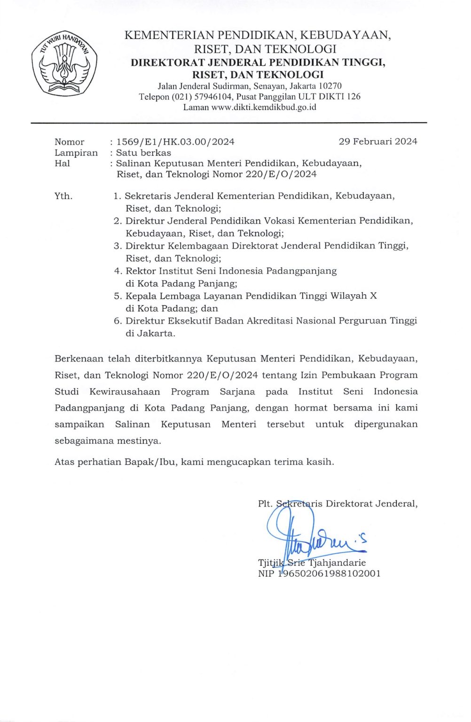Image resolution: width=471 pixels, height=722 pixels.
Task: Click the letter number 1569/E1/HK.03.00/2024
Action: coord(175,142)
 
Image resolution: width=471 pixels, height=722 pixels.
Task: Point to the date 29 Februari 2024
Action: coord(377,141)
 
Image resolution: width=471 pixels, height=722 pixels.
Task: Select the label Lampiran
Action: coord(76,153)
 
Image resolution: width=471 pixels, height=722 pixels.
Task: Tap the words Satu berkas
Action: coord(143,153)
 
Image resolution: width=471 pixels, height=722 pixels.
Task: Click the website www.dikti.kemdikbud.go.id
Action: coord(264,107)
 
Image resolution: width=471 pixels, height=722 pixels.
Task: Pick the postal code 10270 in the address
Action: coord(330,86)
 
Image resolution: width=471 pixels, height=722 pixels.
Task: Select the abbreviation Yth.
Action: coord(63,196)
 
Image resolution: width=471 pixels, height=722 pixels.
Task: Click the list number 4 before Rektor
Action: coord(118,271)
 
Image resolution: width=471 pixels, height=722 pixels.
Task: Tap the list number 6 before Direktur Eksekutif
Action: coord(118,321)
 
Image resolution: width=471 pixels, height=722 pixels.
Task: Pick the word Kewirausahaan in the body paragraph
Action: coord(125,392)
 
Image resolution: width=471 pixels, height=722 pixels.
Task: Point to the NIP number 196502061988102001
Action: coord(329,573)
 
